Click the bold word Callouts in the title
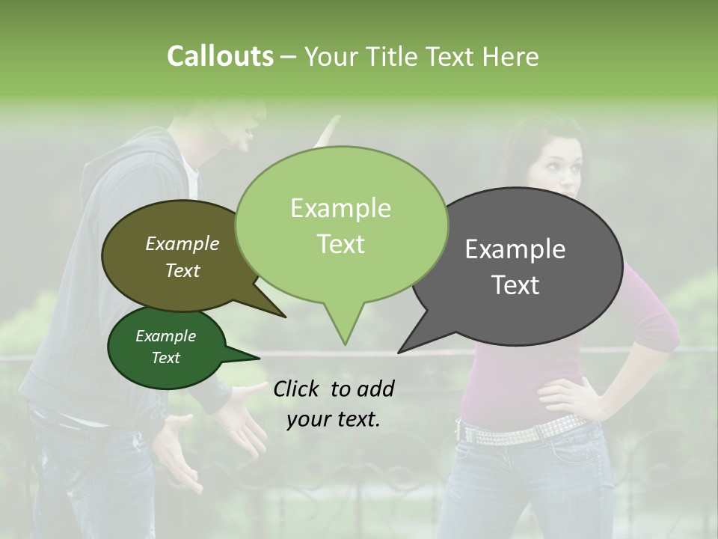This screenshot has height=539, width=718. [x=220, y=56]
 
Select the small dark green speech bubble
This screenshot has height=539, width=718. [x=165, y=347]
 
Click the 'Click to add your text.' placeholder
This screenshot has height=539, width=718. [x=334, y=404]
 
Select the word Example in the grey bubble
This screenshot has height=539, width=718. [x=515, y=249]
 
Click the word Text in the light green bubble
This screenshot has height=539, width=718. [x=341, y=243]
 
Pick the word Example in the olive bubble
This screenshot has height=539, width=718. [x=182, y=244]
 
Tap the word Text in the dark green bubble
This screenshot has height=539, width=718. [x=165, y=358]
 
